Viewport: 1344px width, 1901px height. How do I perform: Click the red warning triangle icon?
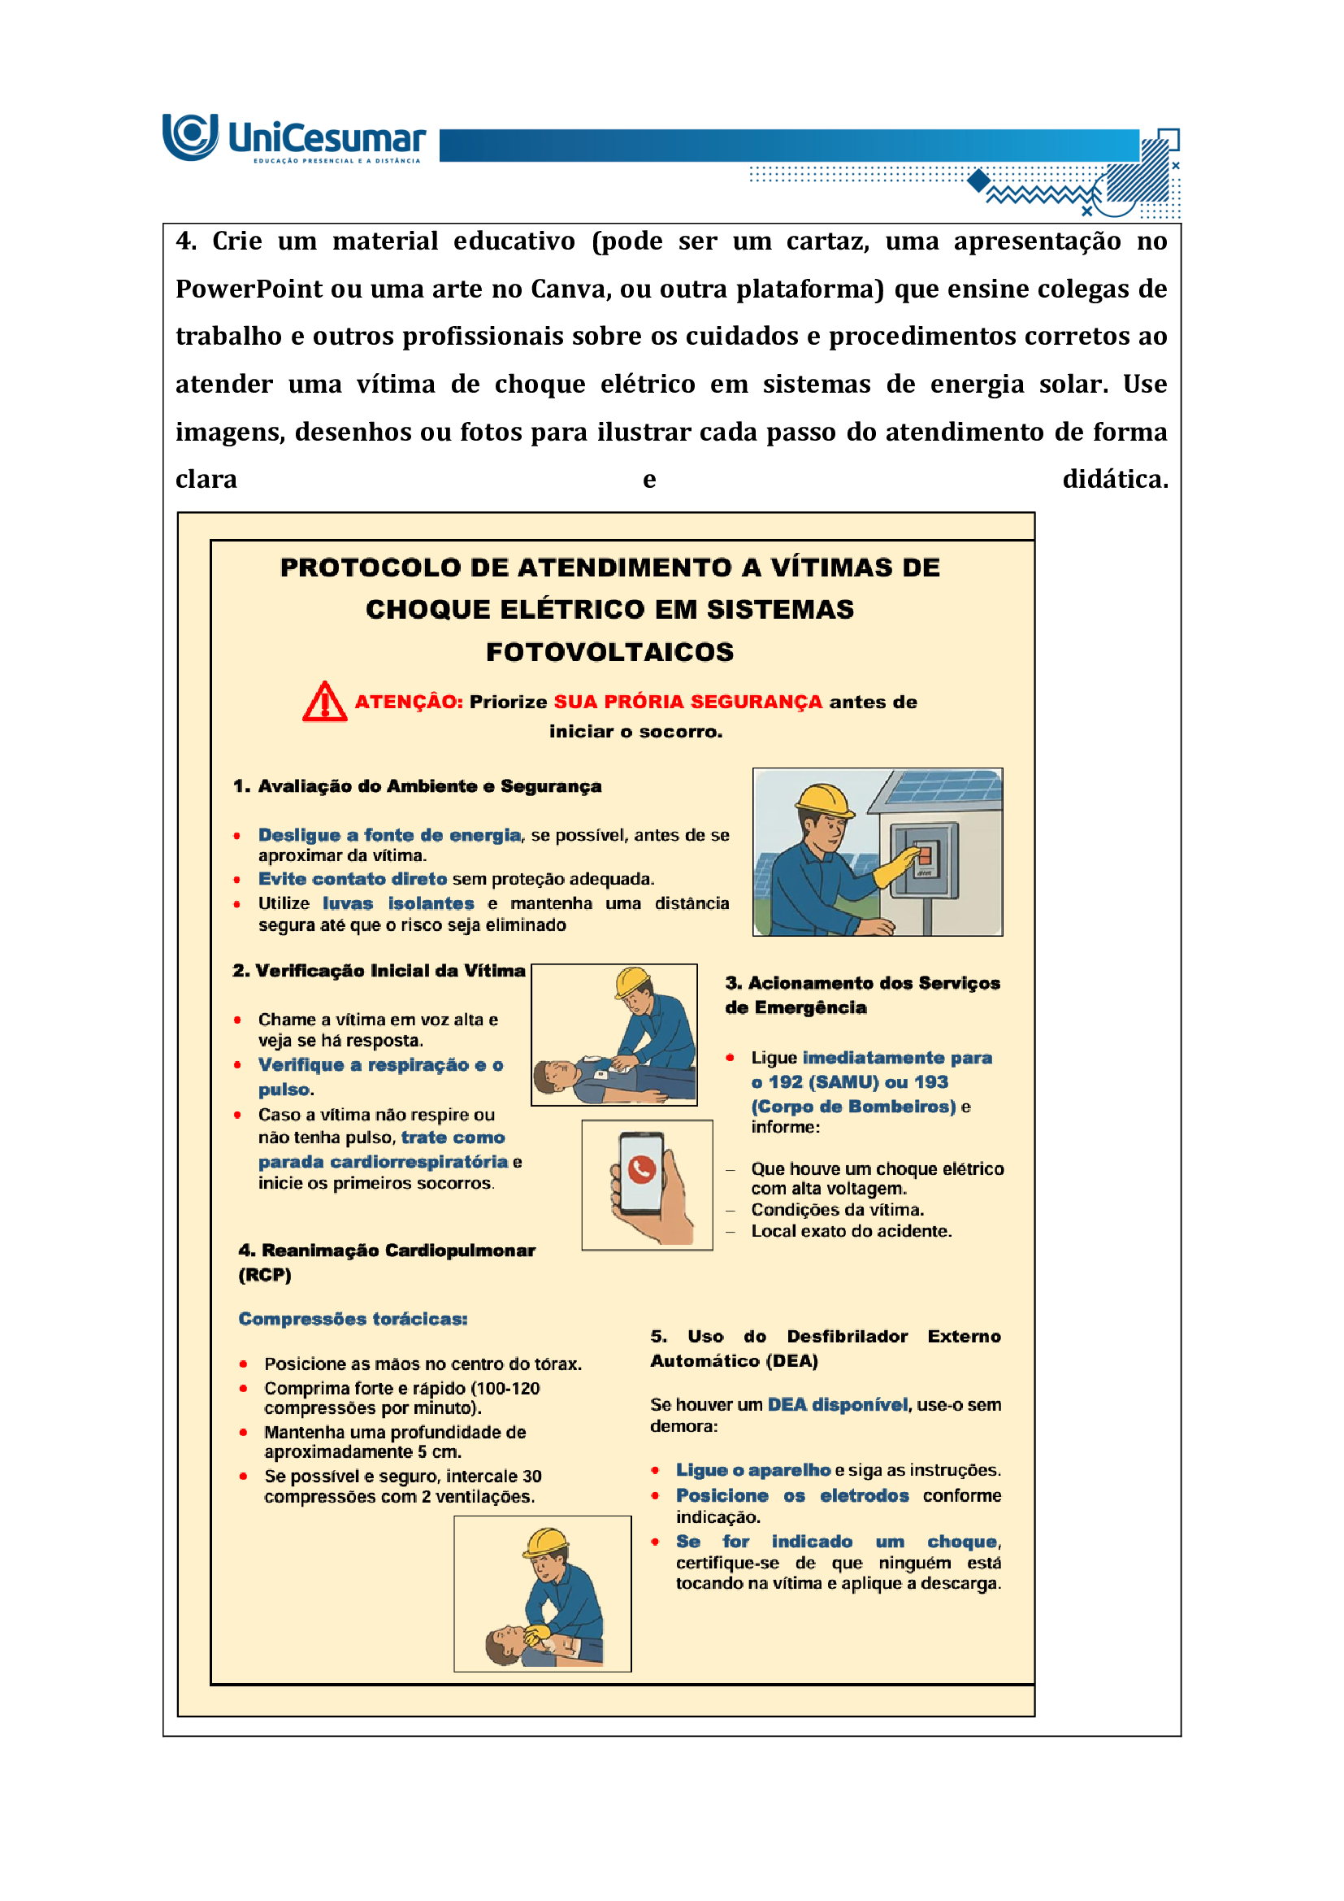pyautogui.click(x=324, y=703)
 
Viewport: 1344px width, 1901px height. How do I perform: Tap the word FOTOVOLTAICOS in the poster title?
pyautogui.click(x=609, y=652)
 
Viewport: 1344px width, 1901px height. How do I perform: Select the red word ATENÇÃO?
pyautogui.click(x=408, y=703)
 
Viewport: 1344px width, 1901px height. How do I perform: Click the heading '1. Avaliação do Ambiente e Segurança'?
pyautogui.click(x=417, y=786)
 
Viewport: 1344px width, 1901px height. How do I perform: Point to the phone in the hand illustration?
pyautogui.click(x=642, y=1174)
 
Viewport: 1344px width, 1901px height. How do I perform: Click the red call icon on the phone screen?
pyautogui.click(x=642, y=1168)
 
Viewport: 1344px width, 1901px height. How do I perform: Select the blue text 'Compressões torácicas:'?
pyautogui.click(x=353, y=1320)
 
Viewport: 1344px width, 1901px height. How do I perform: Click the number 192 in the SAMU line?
pyautogui.click(x=786, y=1082)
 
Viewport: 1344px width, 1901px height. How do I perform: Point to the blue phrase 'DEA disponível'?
pyautogui.click(x=838, y=1405)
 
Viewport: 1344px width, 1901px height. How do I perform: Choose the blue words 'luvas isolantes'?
pyautogui.click(x=398, y=904)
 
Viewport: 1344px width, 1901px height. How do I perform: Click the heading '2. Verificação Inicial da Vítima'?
pyautogui.click(x=378, y=971)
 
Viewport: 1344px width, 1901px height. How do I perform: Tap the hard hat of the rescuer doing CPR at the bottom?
pyautogui.click(x=547, y=1542)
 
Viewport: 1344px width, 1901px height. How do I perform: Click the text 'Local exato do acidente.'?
pyautogui.click(x=851, y=1231)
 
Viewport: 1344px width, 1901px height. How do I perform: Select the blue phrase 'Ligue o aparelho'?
pyautogui.click(x=752, y=1470)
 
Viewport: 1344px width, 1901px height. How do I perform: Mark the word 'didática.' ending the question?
pyautogui.click(x=1115, y=480)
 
